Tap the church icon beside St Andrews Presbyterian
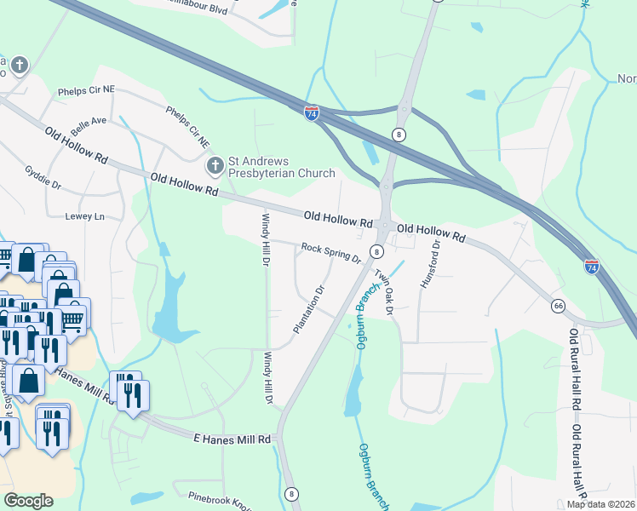215,162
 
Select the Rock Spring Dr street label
331,252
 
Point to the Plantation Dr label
309,302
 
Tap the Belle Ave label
89,122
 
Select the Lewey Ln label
84,216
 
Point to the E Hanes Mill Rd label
232,439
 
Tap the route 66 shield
558,305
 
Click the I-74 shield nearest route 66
591,267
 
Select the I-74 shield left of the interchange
312,113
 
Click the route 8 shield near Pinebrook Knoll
292,493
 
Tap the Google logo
28,501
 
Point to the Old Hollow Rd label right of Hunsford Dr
432,232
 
